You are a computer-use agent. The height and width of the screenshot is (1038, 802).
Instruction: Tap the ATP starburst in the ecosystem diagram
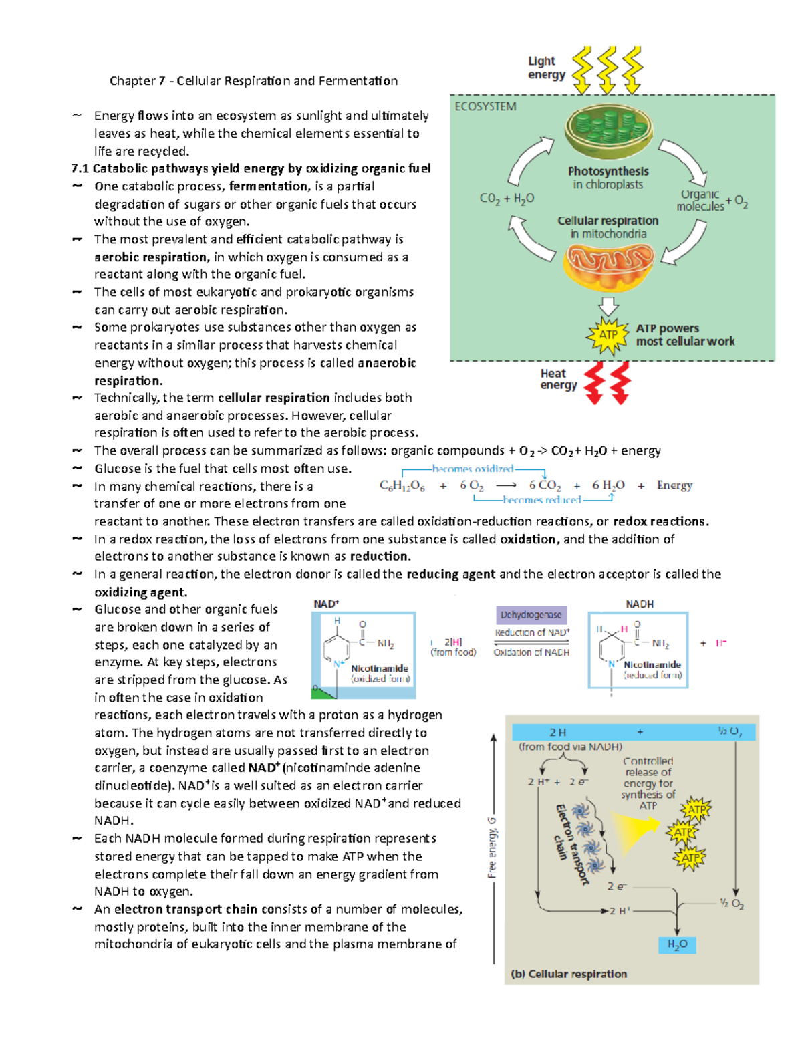tap(608, 334)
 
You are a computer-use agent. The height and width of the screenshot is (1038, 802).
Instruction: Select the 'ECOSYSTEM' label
tap(485, 106)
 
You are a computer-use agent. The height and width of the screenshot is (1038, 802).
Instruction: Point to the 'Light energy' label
tap(546, 68)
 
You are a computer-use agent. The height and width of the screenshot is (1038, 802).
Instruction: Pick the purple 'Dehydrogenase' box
tap(531, 614)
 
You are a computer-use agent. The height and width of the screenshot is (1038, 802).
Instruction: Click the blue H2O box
tap(677, 944)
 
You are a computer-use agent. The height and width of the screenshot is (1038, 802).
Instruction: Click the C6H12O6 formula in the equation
tap(402, 486)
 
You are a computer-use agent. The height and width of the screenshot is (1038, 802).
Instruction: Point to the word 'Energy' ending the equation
tap(674, 485)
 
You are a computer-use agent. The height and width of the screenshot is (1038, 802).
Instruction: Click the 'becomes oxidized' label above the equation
tap(473, 469)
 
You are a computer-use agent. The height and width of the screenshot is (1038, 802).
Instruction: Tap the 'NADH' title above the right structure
tap(640, 604)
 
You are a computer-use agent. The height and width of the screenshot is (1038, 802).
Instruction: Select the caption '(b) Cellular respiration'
tap(569, 974)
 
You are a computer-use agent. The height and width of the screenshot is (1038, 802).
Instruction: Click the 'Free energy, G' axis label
tap(492, 847)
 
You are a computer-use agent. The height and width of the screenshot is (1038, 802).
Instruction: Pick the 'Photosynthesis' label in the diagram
tap(608, 171)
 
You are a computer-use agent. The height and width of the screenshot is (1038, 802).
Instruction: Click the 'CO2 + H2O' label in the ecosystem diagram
tap(507, 199)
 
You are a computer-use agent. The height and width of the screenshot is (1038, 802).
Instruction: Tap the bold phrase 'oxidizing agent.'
tap(141, 592)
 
